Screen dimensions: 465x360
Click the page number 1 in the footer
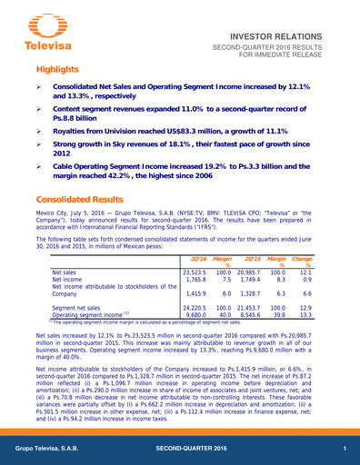pos(345,451)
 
